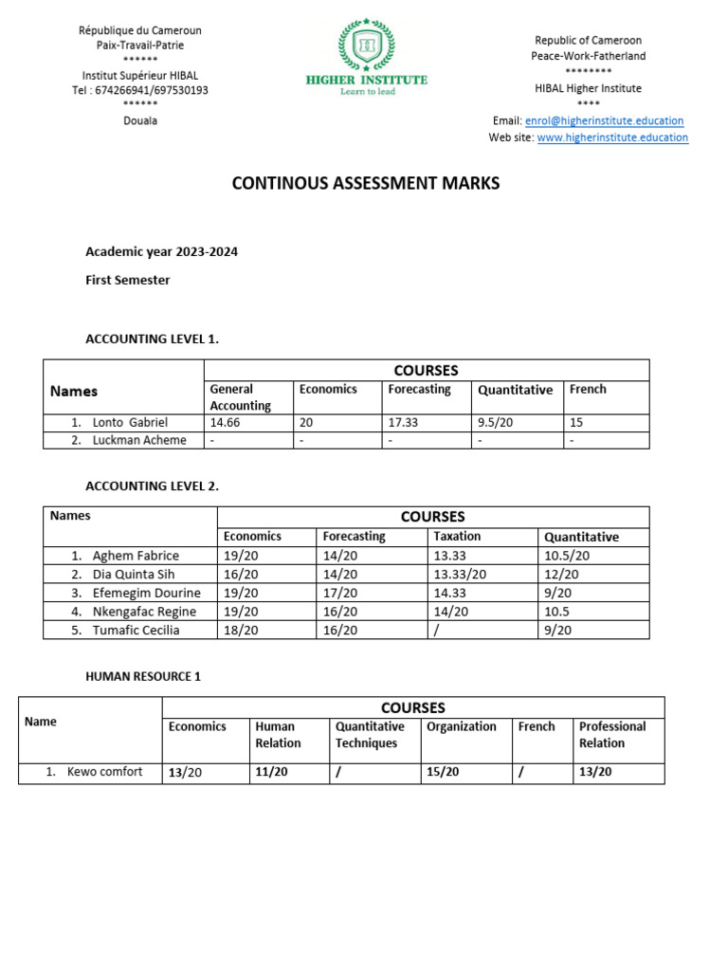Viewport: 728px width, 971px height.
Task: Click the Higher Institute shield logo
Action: tap(366, 45)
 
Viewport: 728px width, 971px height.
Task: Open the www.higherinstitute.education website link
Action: tap(612, 137)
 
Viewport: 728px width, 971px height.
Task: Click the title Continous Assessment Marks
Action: tap(366, 183)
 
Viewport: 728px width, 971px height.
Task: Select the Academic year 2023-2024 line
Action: tap(161, 252)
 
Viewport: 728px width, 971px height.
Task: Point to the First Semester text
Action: tap(128, 280)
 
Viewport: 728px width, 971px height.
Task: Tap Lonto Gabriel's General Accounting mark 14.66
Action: tap(228, 423)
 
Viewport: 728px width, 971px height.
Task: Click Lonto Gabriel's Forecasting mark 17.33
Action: tap(406, 423)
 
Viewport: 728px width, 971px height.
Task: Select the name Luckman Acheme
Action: tap(139, 440)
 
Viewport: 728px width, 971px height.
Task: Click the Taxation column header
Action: tap(457, 537)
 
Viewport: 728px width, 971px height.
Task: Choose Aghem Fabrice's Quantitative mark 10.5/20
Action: tap(567, 556)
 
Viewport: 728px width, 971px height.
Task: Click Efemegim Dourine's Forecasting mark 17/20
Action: tap(340, 593)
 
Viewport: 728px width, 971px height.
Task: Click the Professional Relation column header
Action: tap(612, 735)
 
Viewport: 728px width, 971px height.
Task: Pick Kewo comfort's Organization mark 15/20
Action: tap(443, 773)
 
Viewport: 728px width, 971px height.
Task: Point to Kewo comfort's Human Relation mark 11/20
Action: tap(271, 773)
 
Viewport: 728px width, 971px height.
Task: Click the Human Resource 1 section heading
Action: tap(143, 677)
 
